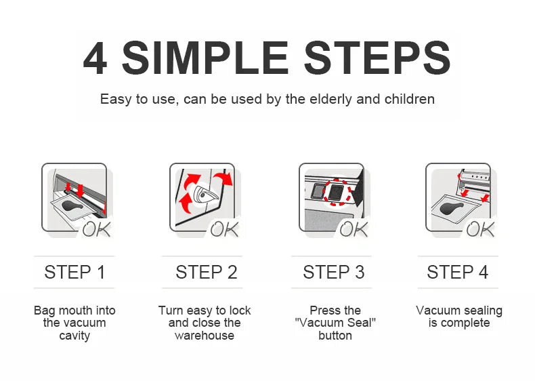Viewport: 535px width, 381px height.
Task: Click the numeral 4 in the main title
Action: (95, 58)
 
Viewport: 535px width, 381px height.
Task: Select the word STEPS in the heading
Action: (377, 58)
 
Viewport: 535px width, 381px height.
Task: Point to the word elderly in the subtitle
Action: (330, 99)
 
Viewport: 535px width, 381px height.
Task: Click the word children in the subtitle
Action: (410, 99)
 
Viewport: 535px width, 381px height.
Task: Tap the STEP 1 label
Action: (74, 273)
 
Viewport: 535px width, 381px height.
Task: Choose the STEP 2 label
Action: (207, 273)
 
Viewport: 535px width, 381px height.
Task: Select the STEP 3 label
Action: (334, 273)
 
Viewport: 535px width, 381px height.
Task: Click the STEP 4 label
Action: (458, 273)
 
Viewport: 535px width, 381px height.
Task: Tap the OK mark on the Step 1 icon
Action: (97, 229)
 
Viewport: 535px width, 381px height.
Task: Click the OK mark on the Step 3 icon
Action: (354, 229)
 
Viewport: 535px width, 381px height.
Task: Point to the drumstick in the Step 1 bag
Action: (72, 206)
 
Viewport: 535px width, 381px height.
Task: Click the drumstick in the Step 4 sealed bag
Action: (452, 207)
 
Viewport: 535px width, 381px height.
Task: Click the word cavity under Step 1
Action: (74, 336)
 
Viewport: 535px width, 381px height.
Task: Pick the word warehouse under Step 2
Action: (205, 336)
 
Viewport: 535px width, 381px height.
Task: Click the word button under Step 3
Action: (335, 336)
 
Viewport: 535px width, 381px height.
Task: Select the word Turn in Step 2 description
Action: (171, 310)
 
